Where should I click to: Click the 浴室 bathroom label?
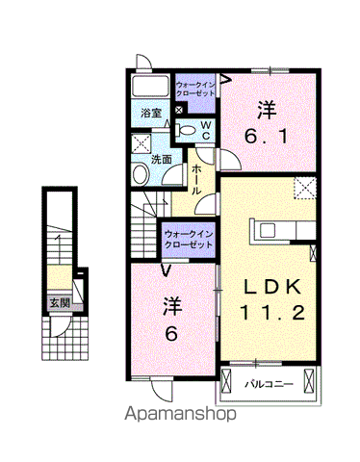(x=151, y=113)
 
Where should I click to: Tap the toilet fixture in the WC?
(x=185, y=130)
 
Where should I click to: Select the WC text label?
(x=206, y=130)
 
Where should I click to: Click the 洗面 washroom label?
(x=162, y=160)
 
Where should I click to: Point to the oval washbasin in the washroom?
(x=141, y=173)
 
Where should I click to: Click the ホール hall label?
(x=196, y=180)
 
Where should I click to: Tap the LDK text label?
(x=272, y=287)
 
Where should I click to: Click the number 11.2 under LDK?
(x=272, y=313)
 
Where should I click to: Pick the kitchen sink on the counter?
(x=268, y=230)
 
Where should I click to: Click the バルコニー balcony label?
(x=269, y=384)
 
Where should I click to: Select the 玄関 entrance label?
(x=60, y=302)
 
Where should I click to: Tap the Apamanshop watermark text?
(x=180, y=413)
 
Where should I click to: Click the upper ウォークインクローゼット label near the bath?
(x=195, y=90)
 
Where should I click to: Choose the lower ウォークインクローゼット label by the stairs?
(x=189, y=240)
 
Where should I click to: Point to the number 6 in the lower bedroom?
(x=171, y=335)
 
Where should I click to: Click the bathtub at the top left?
(x=150, y=86)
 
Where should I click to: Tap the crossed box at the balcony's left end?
(x=226, y=381)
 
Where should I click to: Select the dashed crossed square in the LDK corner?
(x=305, y=188)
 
